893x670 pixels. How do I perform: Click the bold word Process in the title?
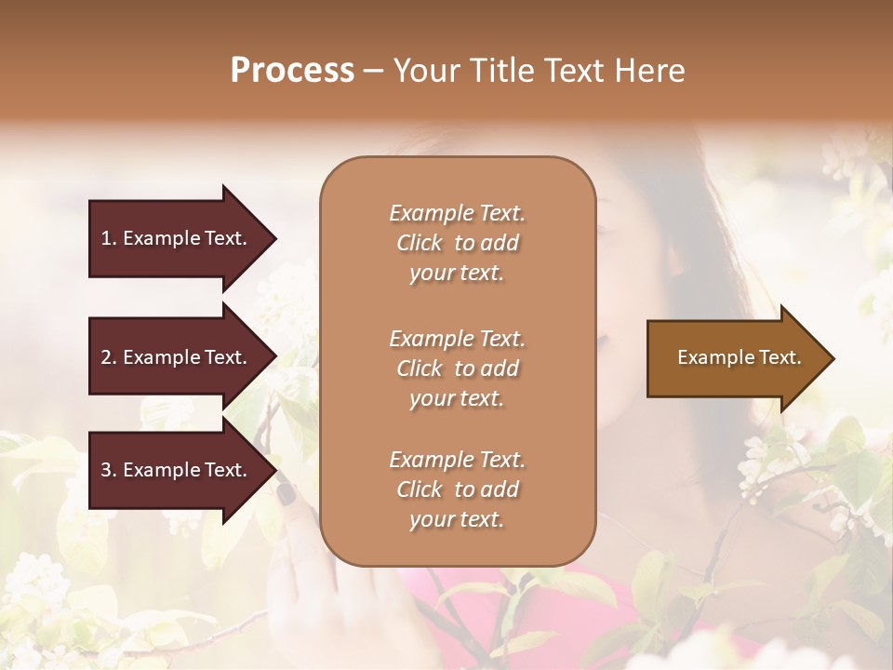click(x=292, y=71)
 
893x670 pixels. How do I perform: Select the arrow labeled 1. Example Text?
click(x=177, y=238)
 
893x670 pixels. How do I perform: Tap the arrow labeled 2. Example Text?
click(x=177, y=357)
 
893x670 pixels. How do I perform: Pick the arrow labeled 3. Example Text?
click(x=177, y=470)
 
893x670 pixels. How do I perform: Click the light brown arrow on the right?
click(x=735, y=358)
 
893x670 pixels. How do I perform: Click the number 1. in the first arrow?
click(x=108, y=238)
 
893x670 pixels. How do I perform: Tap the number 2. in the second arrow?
click(x=108, y=357)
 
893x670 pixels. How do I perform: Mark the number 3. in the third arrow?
click(x=108, y=470)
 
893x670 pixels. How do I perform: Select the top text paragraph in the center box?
click(x=457, y=243)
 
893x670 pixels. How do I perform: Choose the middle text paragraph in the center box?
click(x=457, y=368)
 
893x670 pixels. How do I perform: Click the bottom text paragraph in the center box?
click(x=457, y=489)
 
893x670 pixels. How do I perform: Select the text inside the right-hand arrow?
click(x=739, y=357)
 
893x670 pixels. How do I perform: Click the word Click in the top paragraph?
click(x=420, y=243)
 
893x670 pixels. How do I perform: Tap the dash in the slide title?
click(x=374, y=72)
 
